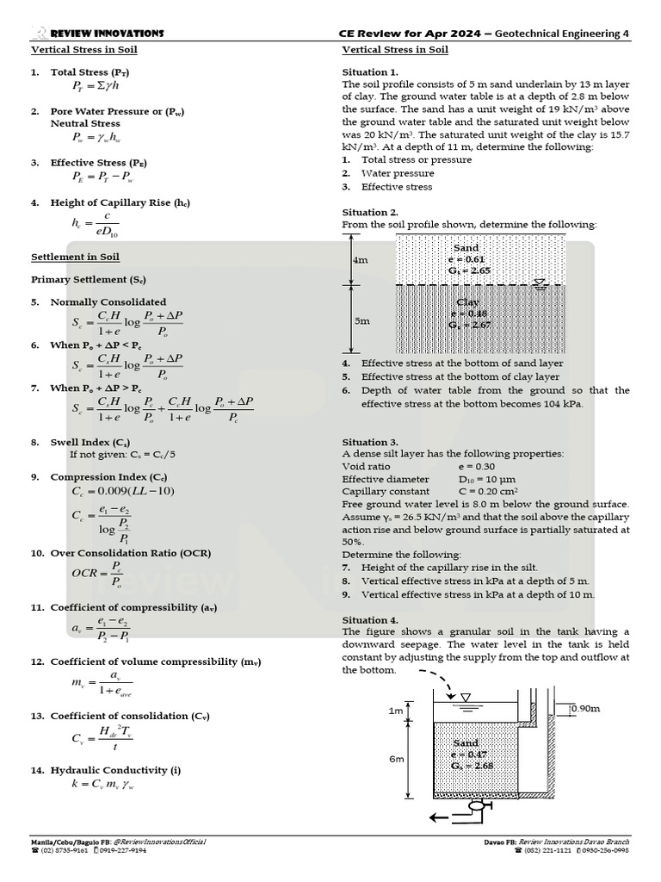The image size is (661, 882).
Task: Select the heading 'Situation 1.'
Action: click(x=370, y=71)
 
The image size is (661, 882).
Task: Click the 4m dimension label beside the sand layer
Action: click(x=360, y=259)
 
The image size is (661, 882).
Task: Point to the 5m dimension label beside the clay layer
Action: click(x=361, y=320)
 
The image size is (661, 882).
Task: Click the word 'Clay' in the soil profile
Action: click(x=468, y=302)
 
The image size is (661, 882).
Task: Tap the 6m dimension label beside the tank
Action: click(x=396, y=759)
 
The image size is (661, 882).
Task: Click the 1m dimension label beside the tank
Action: click(x=395, y=711)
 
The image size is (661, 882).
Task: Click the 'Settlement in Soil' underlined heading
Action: click(x=76, y=257)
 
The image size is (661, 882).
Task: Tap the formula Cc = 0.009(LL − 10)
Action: click(x=123, y=491)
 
